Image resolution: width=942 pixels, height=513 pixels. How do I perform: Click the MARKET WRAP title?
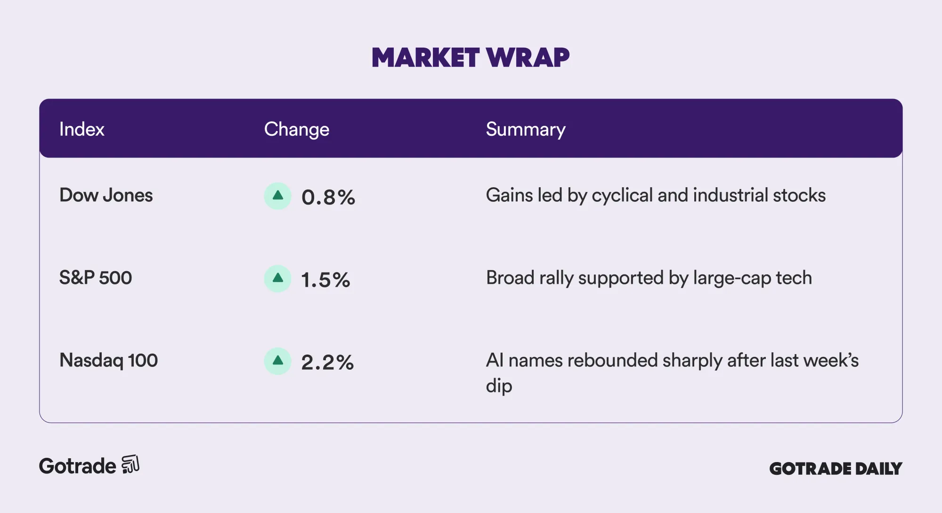point(471,58)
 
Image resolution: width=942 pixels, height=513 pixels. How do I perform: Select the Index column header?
point(81,129)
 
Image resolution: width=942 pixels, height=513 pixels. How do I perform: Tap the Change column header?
point(297,130)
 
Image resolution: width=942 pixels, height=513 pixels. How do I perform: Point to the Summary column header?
point(526,130)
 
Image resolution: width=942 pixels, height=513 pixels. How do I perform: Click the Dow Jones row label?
point(106,195)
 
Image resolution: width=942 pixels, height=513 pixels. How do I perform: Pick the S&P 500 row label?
point(96,278)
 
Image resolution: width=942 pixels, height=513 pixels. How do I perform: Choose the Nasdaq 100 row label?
point(108,360)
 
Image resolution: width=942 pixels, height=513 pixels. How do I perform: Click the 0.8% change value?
point(328,197)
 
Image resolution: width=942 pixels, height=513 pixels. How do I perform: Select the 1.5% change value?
point(326,280)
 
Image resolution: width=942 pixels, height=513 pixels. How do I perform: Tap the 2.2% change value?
point(328,362)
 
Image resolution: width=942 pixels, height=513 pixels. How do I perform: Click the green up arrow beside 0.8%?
point(278,196)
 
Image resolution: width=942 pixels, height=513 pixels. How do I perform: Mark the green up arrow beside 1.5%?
point(278,278)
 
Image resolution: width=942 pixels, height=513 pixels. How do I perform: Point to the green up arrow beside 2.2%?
point(278,361)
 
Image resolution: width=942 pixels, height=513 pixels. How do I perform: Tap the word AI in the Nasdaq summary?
point(495,360)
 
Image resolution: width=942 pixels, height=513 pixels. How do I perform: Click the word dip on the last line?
point(499,386)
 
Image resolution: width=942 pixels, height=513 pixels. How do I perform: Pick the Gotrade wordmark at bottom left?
point(77,466)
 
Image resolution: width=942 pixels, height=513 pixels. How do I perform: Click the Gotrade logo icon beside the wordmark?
point(130,464)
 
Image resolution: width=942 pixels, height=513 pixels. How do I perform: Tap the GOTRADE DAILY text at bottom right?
point(836,468)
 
